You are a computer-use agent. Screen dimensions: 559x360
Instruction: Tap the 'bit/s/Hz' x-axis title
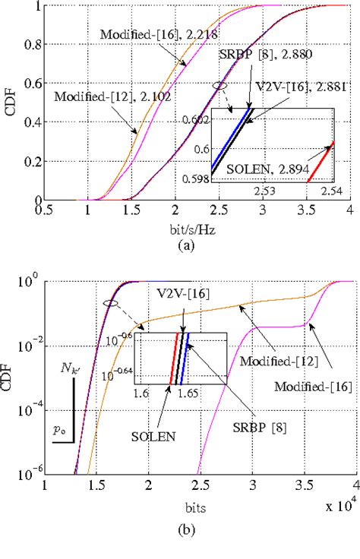(x=197, y=229)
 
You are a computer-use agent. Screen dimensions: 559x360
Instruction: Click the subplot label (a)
(x=197, y=245)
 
